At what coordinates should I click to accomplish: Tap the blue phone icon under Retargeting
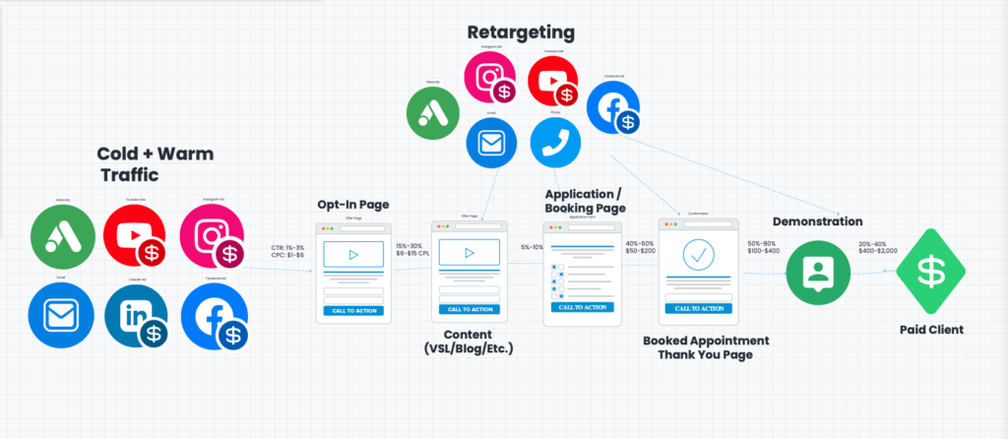557,145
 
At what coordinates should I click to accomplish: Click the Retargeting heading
521,32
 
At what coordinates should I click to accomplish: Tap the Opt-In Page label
352,204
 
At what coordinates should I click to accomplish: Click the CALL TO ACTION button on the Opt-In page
353,310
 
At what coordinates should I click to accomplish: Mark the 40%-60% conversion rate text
640,243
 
